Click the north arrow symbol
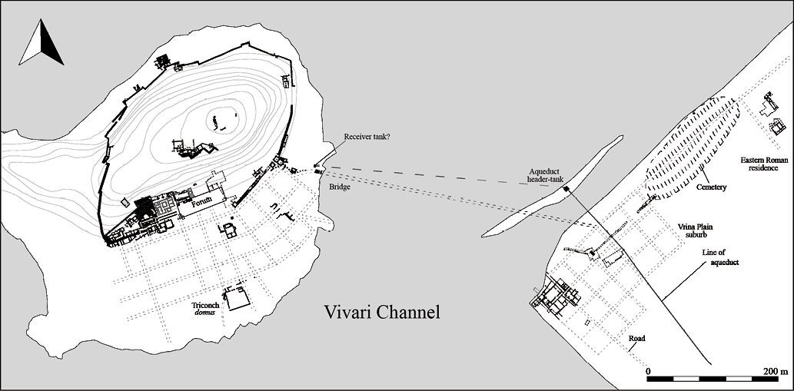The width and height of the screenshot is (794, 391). click(x=42, y=44)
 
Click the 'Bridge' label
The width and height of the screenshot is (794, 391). click(x=339, y=187)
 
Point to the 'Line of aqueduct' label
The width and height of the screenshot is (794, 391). click(x=720, y=257)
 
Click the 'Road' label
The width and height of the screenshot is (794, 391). click(x=636, y=339)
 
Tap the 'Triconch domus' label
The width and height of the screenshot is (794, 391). click(x=206, y=309)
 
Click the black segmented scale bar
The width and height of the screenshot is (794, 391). click(x=711, y=379)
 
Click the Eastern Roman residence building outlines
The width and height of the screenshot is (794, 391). click(x=772, y=115)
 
